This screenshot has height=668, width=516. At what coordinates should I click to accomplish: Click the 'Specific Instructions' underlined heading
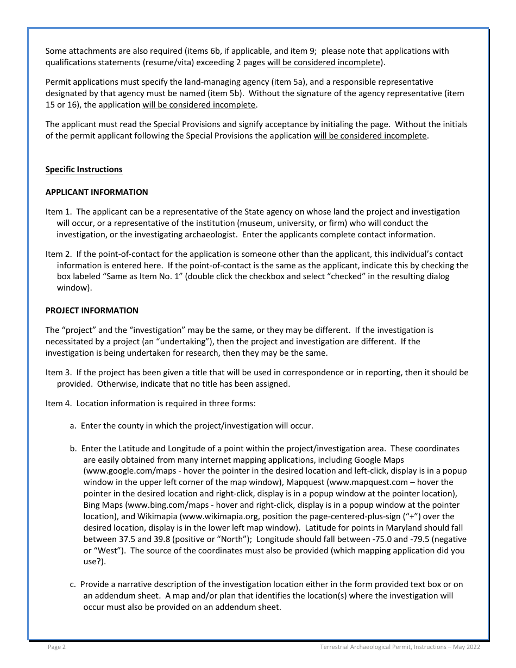pyautogui.click(x=84, y=169)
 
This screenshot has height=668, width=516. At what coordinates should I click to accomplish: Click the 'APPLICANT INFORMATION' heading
pyautogui.click(x=97, y=192)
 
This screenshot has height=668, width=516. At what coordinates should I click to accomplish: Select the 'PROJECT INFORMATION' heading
pyautogui.click(x=92, y=311)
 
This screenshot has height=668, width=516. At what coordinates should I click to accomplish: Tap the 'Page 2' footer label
pyautogui.click(x=56, y=647)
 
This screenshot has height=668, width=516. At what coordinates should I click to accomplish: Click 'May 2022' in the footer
pyautogui.click(x=466, y=647)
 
